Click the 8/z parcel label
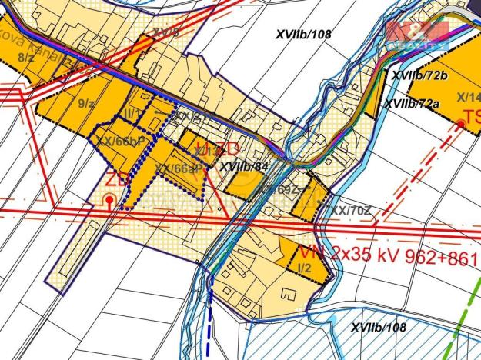[x=25, y=56]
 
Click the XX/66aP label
[x=177, y=168]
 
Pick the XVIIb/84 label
[x=243, y=165]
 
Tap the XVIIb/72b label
[x=419, y=75]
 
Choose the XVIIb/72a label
[x=412, y=102]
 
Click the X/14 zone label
[x=468, y=97]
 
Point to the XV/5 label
[x=165, y=32]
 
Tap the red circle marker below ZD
[x=110, y=201]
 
